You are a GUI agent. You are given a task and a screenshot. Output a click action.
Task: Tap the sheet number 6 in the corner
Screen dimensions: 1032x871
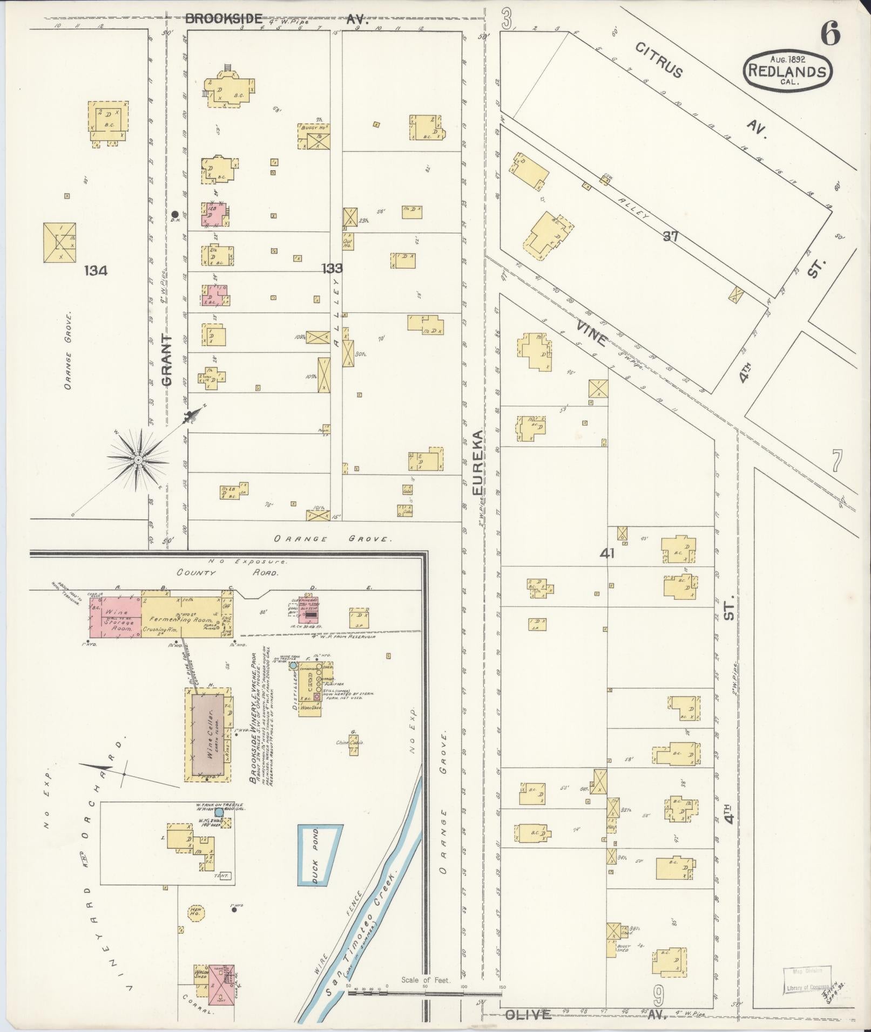pos(830,35)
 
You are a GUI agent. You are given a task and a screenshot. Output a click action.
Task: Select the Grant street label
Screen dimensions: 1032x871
pos(167,360)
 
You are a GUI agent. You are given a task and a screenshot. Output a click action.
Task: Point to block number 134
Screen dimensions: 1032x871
pos(96,270)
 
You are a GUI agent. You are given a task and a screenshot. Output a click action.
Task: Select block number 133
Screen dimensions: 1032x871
pos(332,268)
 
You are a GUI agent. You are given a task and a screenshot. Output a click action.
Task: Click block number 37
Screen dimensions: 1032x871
pos(670,236)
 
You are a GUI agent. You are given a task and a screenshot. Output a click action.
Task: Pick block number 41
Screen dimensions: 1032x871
pos(607,553)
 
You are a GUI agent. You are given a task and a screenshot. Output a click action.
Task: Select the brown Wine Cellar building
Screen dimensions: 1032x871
pos(208,735)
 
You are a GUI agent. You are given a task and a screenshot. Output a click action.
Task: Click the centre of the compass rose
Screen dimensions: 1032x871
pos(138,459)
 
